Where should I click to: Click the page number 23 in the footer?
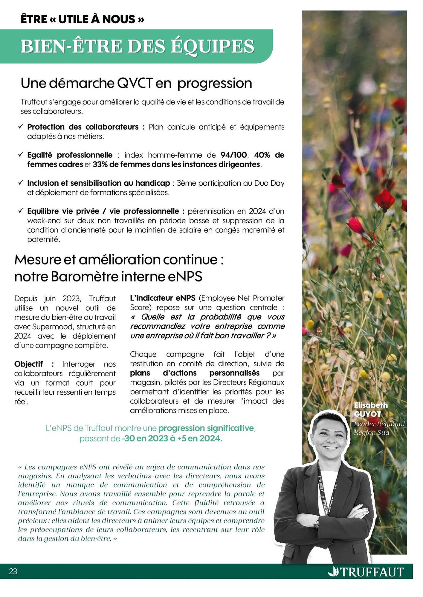coord(13,571)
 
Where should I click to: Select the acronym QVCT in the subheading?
coord(135,83)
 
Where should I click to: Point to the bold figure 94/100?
coord(233,155)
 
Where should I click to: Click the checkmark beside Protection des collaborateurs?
coord(21,127)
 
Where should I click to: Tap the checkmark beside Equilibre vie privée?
coord(21,211)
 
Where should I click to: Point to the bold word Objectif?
coord(29,364)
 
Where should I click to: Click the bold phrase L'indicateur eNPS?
coord(163,298)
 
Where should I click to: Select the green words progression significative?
coord(206,428)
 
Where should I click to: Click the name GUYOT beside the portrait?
coord(367,414)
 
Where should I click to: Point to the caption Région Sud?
coord(372,432)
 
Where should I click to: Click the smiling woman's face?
coord(330,439)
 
